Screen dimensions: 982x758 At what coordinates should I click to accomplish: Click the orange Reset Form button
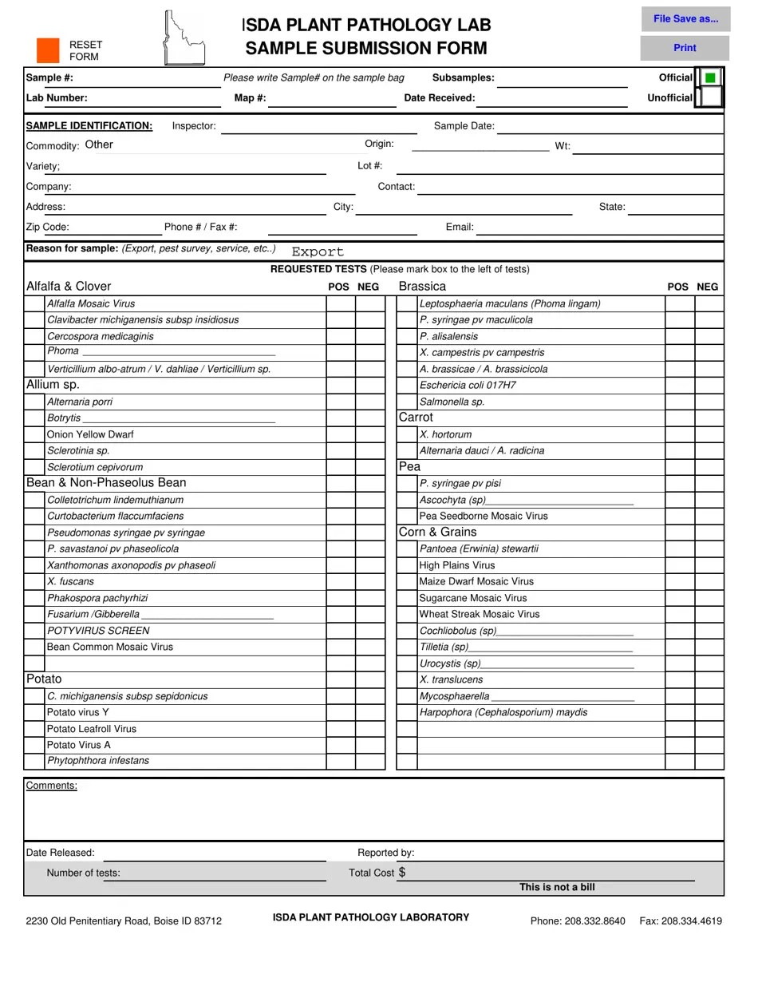pos(48,50)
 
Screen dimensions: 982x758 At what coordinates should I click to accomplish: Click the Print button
pos(685,48)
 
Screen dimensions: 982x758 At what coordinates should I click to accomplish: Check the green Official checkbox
pos(710,77)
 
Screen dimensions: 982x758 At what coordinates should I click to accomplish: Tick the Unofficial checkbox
pos(710,97)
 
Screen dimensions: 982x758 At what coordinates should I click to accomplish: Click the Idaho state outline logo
pos(182,38)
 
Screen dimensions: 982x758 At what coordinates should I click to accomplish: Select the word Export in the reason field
pos(318,251)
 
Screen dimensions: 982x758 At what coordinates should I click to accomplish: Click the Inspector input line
pos(318,126)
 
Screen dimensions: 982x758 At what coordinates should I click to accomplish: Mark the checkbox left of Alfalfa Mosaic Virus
pos(34,303)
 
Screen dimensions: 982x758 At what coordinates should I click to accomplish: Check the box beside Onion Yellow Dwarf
pos(34,434)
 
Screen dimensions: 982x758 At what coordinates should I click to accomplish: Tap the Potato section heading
pos(44,679)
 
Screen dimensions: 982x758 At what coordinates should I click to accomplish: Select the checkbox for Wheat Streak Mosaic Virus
pos(407,614)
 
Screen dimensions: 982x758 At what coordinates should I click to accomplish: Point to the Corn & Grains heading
pos(437,532)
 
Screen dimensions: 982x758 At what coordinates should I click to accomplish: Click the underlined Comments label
pos(51,786)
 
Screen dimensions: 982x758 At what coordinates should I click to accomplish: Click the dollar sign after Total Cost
pos(402,872)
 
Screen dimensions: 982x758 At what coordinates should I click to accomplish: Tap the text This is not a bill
pos(557,887)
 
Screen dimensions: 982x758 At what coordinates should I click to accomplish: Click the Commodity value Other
pos(99,145)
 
